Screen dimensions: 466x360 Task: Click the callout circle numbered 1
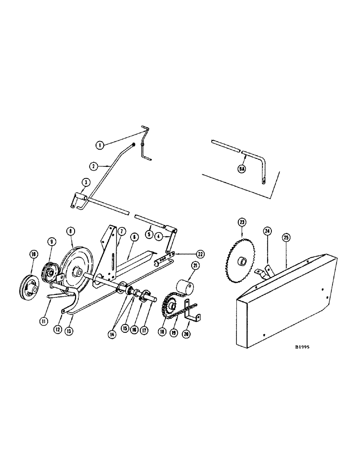(x=99, y=145)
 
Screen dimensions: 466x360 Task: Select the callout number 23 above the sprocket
(x=242, y=223)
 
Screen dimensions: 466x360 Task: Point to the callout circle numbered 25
(x=286, y=237)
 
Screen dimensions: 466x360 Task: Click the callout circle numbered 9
(x=51, y=241)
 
